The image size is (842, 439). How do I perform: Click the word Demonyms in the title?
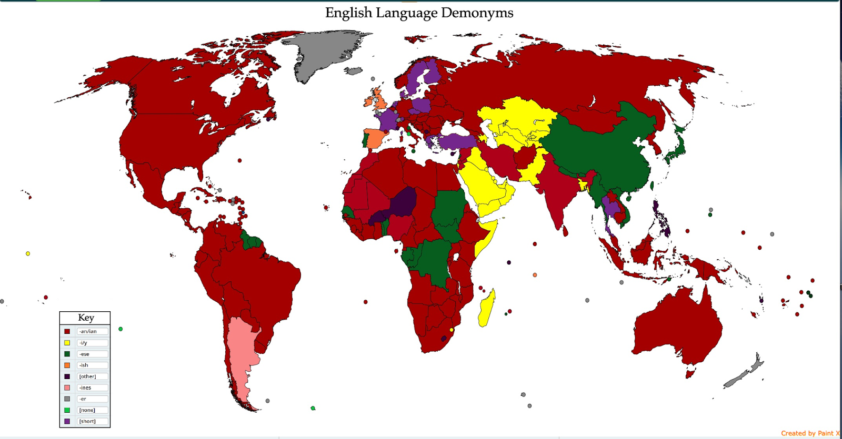pyautogui.click(x=477, y=13)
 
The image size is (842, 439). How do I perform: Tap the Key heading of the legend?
pyautogui.click(x=86, y=318)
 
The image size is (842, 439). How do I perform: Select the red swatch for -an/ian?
pyautogui.click(x=67, y=331)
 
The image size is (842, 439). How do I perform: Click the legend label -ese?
pyautogui.click(x=85, y=354)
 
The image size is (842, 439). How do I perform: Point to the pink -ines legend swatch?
pyautogui.click(x=67, y=387)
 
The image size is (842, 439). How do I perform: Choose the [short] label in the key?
pyautogui.click(x=87, y=421)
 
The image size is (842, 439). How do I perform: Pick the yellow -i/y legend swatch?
pyautogui.click(x=67, y=343)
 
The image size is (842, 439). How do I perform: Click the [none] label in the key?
pyautogui.click(x=87, y=410)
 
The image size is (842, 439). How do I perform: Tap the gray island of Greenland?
pyautogui.click(x=321, y=53)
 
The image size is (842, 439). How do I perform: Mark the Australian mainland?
pyautogui.click(x=679, y=326)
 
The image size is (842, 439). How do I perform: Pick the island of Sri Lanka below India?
pyautogui.click(x=566, y=230)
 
